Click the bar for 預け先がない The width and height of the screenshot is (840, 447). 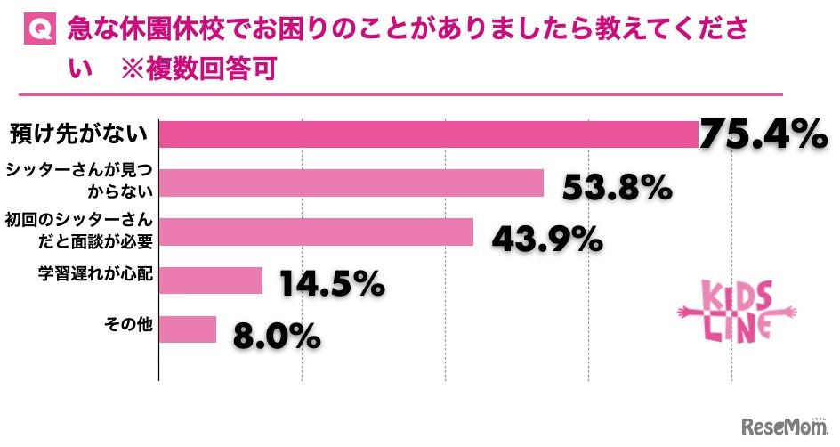click(427, 134)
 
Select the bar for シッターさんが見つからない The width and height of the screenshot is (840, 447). click(351, 183)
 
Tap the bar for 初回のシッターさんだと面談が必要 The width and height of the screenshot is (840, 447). click(316, 232)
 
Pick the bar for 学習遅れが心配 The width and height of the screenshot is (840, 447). click(211, 280)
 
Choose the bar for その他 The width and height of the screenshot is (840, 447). click(188, 329)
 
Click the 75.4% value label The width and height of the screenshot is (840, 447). click(763, 134)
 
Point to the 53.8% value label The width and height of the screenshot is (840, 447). click(616, 188)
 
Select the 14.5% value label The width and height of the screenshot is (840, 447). click(332, 284)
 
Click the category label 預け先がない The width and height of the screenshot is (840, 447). click(77, 134)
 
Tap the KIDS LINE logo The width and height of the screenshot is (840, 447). click(737, 310)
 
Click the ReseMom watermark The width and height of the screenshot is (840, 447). click(782, 427)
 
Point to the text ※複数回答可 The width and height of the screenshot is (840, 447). click(194, 70)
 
